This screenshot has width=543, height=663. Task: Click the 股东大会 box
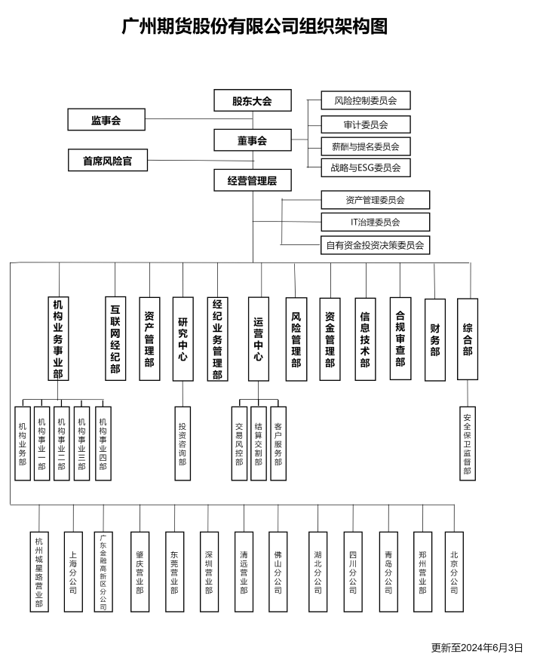[x=253, y=100]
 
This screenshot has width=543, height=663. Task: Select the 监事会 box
[x=106, y=120]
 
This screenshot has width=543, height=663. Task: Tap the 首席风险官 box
[x=108, y=160]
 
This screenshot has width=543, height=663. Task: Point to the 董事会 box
[x=253, y=140]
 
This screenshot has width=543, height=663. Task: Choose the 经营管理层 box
[x=253, y=180]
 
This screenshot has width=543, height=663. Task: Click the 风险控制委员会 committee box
[x=366, y=100]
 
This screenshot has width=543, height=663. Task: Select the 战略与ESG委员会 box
[x=366, y=167]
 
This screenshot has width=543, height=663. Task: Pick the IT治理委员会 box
[x=376, y=222]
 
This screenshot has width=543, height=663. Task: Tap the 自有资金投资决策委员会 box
[x=376, y=245]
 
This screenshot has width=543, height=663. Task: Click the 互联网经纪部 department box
[x=115, y=339]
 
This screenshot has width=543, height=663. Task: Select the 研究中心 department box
[x=183, y=339]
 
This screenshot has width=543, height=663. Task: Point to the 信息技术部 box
[x=365, y=339]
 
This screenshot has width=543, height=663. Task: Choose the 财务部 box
[x=435, y=340]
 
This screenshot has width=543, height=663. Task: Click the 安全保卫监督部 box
[x=468, y=444]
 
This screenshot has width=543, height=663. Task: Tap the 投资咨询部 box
[x=183, y=444]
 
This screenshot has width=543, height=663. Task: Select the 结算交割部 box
[x=259, y=444]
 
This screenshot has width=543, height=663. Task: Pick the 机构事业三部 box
[x=81, y=444]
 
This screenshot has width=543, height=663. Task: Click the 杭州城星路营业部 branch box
[x=39, y=572]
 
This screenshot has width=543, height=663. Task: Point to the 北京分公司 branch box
[x=454, y=572]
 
